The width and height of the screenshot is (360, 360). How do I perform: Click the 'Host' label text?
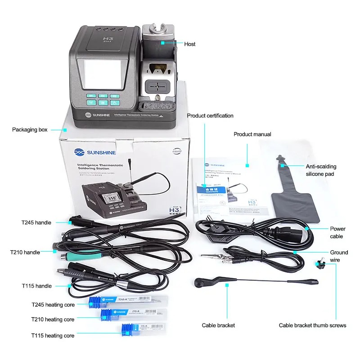tap(190, 44)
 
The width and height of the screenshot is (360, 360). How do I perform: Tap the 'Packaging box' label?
tap(30, 130)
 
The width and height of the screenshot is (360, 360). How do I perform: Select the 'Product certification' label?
tap(210, 116)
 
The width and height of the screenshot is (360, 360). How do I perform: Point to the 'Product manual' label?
tap(252, 134)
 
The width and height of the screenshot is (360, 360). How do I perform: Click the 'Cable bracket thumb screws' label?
tap(312, 325)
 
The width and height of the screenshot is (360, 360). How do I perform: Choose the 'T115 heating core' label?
tap(53, 335)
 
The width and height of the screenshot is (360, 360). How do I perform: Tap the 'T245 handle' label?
tap(36, 222)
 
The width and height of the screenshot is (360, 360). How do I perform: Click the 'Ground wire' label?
tap(339, 256)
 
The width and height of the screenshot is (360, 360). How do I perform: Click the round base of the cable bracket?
tap(199, 283)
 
